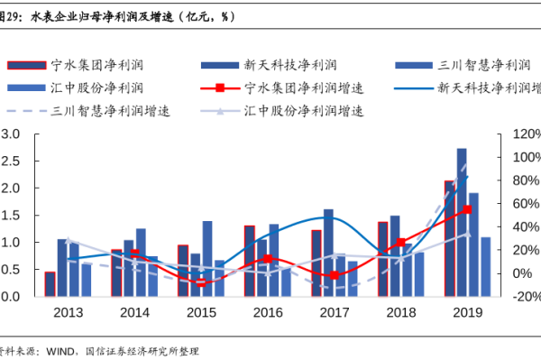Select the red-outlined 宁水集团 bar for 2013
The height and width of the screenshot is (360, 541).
pos(50,283)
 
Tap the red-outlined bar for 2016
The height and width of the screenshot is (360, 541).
pos(249,261)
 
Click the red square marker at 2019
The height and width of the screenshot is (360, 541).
pos(467,209)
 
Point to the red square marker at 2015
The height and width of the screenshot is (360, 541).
pos(201,282)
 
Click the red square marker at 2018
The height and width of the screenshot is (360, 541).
pos(400,243)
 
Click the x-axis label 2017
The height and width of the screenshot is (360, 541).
pos(334,312)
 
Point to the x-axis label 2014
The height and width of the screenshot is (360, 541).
pos(134,312)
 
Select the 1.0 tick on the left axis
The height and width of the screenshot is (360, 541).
pos(11,242)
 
